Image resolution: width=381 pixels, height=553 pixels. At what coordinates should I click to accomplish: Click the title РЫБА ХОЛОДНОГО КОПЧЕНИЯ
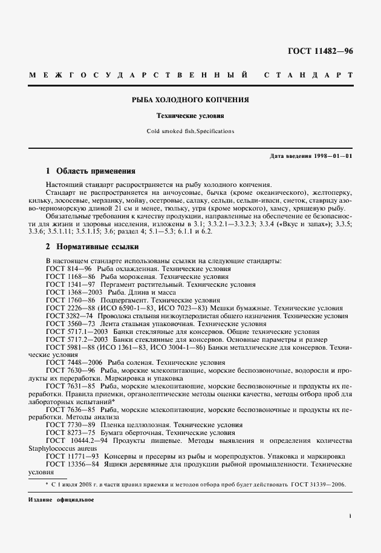(x=190, y=99)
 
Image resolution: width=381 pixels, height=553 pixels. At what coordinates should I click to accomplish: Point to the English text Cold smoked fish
(x=169, y=131)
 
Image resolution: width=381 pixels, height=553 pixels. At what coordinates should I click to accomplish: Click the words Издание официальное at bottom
(x=61, y=500)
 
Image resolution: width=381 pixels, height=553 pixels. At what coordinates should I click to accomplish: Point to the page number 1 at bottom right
(x=350, y=515)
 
